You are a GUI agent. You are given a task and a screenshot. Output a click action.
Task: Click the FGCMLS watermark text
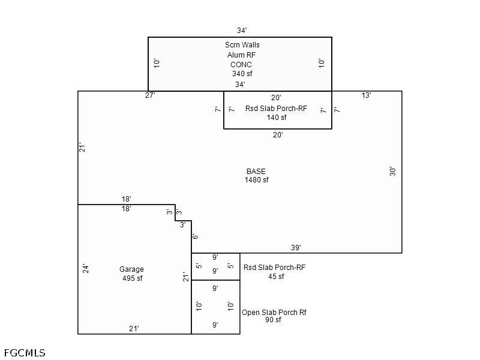click(25, 353)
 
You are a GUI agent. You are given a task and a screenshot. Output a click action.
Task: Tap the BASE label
click(256, 172)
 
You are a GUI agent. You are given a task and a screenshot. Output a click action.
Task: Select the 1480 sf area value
click(257, 180)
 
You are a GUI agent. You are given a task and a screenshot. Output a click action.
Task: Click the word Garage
click(131, 269)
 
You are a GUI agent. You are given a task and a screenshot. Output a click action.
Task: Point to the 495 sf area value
click(133, 278)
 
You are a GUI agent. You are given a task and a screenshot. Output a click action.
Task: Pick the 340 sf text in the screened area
click(242, 74)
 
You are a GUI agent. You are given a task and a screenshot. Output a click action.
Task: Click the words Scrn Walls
click(242, 44)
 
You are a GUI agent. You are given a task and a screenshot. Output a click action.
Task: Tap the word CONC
click(241, 65)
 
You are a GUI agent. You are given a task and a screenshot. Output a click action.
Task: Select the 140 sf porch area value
click(277, 118)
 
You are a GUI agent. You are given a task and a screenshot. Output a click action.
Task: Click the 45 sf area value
click(276, 277)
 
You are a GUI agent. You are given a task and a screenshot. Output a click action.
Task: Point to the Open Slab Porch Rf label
click(274, 313)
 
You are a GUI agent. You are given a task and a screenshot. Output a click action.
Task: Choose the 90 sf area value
click(273, 320)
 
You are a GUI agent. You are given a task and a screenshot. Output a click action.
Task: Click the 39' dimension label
click(296, 247)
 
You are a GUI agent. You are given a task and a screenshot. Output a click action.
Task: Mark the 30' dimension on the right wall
click(392, 172)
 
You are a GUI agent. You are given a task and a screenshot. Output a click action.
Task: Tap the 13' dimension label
click(366, 95)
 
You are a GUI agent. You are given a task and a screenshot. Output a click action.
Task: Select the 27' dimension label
click(150, 95)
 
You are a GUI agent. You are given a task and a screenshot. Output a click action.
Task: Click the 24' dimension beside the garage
click(86, 269)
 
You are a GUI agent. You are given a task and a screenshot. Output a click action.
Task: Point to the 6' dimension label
click(195, 236)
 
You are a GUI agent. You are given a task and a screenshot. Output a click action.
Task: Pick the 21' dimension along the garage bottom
click(134, 329)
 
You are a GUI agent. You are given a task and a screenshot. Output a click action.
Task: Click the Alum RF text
click(241, 55)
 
